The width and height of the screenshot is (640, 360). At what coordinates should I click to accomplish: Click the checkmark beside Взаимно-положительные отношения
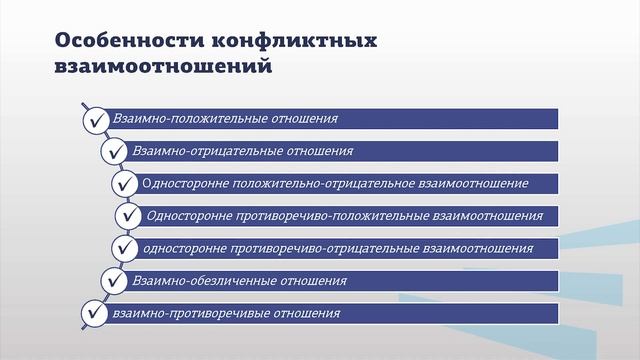pyautogui.click(x=96, y=120)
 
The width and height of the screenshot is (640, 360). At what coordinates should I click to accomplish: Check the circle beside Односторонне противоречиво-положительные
pyautogui.click(x=129, y=216)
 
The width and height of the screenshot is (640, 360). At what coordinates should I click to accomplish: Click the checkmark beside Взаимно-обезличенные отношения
pyautogui.click(x=112, y=281)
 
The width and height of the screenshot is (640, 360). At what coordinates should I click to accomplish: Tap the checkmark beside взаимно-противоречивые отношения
pyautogui.click(x=96, y=313)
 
